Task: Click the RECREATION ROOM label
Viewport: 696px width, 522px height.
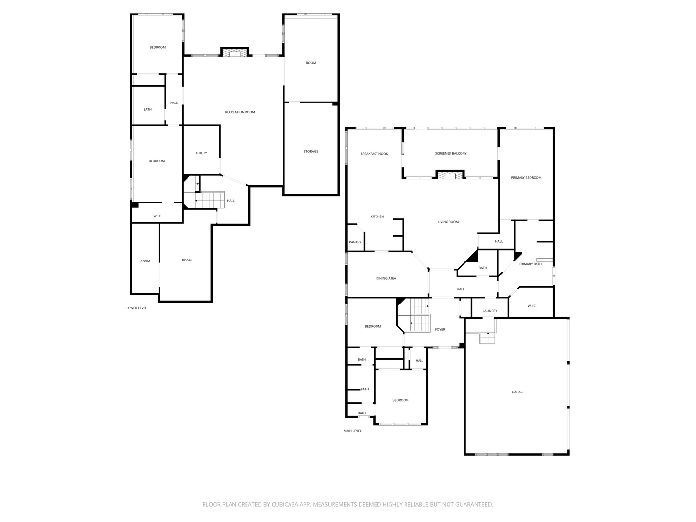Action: pos(240,112)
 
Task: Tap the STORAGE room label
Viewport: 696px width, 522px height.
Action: pos(311,152)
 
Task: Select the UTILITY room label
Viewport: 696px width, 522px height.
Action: pos(202,153)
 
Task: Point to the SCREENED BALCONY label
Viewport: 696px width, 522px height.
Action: pos(451,154)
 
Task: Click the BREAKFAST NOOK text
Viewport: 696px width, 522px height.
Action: pos(374,154)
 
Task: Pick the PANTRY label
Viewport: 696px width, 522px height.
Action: pos(355,242)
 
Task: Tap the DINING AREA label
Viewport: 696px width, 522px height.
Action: pos(386,279)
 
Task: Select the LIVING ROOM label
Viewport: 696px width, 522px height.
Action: pos(448,222)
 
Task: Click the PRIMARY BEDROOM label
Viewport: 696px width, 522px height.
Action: pos(526,178)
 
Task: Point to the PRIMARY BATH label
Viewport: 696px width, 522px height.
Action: pos(530,264)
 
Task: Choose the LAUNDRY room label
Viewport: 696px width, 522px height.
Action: pos(490,311)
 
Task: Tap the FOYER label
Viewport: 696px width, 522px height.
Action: pos(440,330)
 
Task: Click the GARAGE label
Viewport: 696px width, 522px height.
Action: pos(518,392)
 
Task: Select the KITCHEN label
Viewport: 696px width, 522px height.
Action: pos(377,217)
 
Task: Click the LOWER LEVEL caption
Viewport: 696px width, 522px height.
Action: pos(136,308)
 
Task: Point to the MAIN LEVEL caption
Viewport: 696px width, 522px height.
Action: pos(352,431)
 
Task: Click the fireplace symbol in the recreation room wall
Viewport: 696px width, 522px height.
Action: pos(235,52)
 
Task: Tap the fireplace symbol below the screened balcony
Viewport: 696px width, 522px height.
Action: pos(450,175)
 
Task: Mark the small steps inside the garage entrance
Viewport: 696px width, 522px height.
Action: pos(488,338)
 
